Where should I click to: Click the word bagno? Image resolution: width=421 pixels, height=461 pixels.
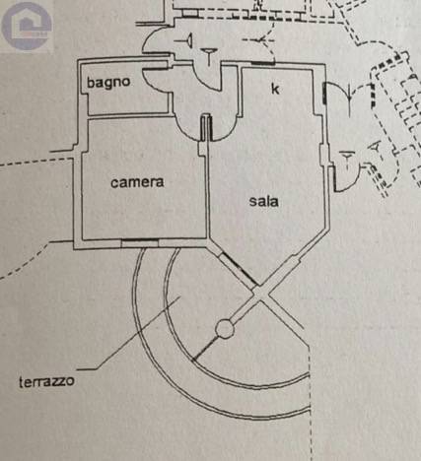[108, 82]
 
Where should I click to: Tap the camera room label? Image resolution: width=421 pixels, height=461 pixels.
[137, 182]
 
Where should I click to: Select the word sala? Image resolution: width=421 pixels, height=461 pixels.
[263, 201]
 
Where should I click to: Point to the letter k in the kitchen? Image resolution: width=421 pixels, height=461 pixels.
[275, 89]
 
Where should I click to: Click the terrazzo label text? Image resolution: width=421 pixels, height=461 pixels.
[46, 382]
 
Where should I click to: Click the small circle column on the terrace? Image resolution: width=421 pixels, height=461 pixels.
[225, 329]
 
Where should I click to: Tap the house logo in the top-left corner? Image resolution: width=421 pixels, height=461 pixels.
[27, 27]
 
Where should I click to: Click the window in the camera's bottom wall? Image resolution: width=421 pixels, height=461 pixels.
[140, 243]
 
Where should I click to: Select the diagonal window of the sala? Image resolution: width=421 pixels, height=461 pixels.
[239, 269]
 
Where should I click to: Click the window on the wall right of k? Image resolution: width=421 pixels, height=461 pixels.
[324, 93]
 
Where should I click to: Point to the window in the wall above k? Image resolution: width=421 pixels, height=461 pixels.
[263, 63]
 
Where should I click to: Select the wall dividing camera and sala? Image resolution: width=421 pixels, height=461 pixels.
[207, 189]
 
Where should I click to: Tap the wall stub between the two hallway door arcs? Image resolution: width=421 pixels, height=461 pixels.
[206, 127]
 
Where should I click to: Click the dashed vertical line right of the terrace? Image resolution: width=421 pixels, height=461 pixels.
[310, 404]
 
